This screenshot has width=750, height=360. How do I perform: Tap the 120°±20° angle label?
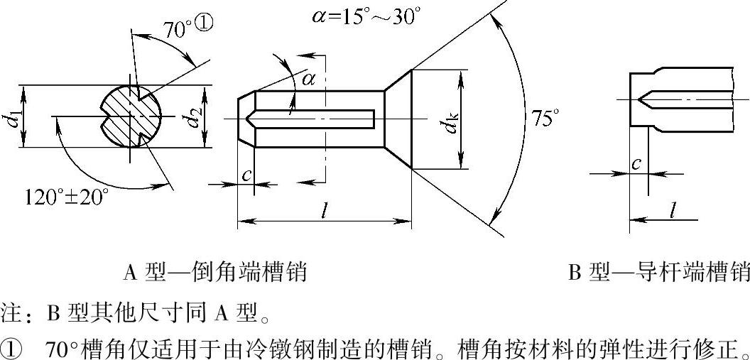coord(68,197)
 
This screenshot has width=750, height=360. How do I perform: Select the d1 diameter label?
coord(14,116)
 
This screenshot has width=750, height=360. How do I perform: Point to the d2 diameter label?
coord(193,116)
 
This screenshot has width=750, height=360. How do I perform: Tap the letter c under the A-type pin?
coord(246,175)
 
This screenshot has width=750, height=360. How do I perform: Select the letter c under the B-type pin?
coord(636,164)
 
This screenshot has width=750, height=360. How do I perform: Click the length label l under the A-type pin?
coord(325,212)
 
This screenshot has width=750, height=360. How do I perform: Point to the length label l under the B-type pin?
coord(673,210)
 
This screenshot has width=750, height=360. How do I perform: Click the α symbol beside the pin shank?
coord(308,80)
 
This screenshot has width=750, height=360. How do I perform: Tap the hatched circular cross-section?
coord(130,116)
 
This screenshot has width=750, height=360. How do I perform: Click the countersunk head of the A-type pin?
coord(398,119)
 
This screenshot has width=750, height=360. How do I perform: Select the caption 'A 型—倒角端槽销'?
coord(214,273)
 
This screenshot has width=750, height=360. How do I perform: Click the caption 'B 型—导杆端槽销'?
coord(659,273)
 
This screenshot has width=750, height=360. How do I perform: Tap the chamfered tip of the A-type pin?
coord(246,119)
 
